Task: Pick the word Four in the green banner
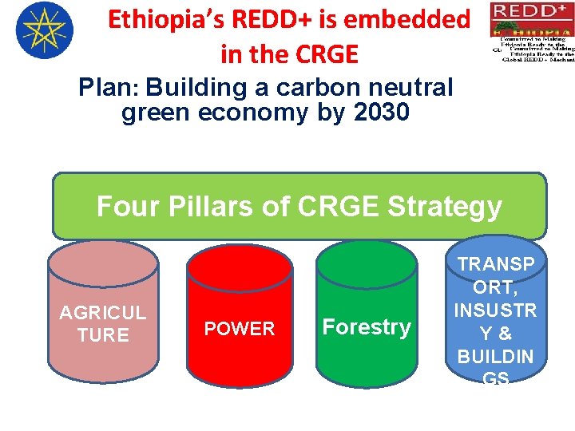[x=129, y=207]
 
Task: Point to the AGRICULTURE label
[x=103, y=324]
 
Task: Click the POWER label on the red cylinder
[x=240, y=329]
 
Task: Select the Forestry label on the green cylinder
[x=367, y=327]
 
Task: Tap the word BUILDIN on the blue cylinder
[x=496, y=356]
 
